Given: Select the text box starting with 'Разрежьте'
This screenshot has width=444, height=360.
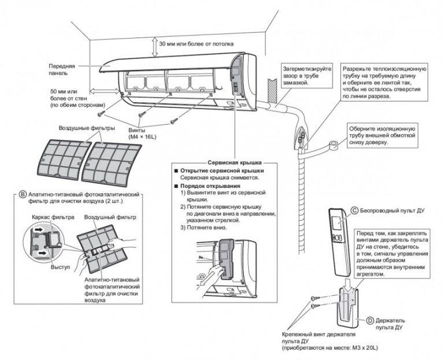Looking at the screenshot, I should coord(384,82).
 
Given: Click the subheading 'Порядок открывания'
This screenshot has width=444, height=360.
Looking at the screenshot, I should coord(208,187).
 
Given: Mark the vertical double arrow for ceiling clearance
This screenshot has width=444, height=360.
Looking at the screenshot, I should coord(152,44).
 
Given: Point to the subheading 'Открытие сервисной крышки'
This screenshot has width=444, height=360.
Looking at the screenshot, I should coord(222,172).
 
